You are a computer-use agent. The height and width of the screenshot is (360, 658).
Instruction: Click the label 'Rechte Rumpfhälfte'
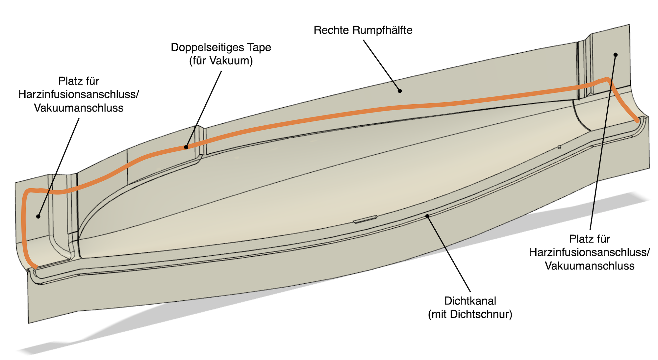[363, 30]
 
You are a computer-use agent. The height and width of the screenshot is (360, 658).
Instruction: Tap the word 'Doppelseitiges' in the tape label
[203, 47]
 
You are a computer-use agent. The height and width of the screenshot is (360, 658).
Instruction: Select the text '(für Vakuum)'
[221, 61]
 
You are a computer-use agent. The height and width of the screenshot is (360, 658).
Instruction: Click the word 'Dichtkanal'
[470, 301]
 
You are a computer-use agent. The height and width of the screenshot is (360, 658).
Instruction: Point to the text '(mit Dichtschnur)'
[470, 314]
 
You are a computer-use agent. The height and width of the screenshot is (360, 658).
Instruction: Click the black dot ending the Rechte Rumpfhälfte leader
[400, 91]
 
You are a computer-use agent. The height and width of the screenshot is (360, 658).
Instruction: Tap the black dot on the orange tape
[186, 147]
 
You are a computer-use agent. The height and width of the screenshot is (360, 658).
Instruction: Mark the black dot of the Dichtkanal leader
[427, 216]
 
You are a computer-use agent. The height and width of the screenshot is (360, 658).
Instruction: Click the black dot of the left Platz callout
[38, 217]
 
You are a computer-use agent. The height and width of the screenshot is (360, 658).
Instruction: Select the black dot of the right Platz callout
[616, 55]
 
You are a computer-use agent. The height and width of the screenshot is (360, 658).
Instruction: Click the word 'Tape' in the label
[258, 47]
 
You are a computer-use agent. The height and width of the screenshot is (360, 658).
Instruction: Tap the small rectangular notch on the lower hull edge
[365, 219]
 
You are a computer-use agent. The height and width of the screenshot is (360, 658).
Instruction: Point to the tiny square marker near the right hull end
[559, 147]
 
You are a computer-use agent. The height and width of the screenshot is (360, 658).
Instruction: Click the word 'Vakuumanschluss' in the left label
[79, 108]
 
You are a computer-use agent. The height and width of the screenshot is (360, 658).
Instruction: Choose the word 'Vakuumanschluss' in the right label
[590, 266]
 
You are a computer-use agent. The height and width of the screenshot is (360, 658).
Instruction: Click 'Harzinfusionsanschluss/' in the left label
[79, 94]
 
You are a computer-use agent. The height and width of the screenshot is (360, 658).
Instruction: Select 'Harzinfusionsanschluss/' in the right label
[590, 252]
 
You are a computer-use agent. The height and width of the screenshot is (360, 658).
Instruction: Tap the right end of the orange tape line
[637, 121]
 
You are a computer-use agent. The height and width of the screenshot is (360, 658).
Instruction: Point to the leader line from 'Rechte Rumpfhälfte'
[382, 66]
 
